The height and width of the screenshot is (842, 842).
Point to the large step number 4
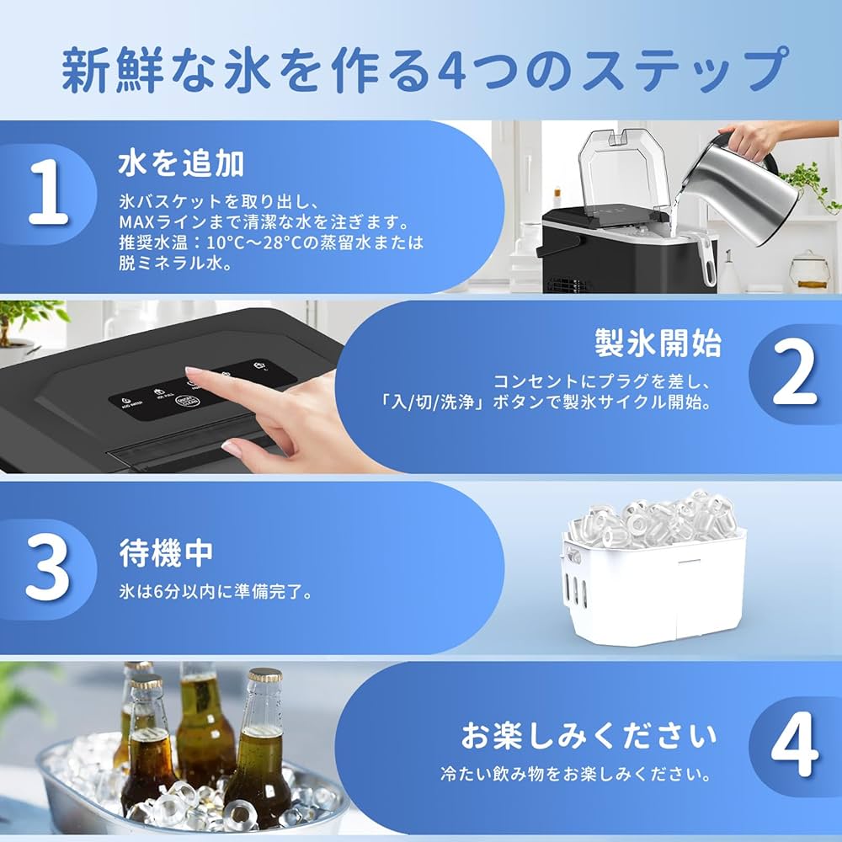point(794,747)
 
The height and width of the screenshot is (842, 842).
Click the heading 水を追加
point(181,163)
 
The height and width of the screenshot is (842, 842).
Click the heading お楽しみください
point(589,734)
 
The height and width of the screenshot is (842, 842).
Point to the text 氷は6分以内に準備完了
point(216,592)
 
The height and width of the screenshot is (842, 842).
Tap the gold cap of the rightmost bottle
point(265,675)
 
